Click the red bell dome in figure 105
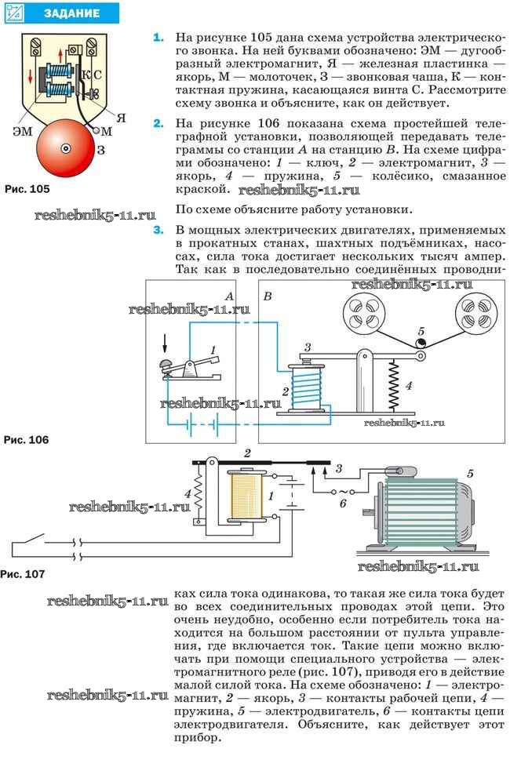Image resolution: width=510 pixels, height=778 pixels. (x=66, y=148)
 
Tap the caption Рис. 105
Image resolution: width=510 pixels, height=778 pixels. (x=27, y=189)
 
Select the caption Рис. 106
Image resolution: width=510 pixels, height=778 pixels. (x=27, y=440)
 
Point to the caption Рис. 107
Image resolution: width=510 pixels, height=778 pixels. (x=23, y=574)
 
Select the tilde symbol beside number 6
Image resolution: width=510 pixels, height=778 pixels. (x=341, y=492)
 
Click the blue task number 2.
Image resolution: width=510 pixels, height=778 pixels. (x=158, y=123)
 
